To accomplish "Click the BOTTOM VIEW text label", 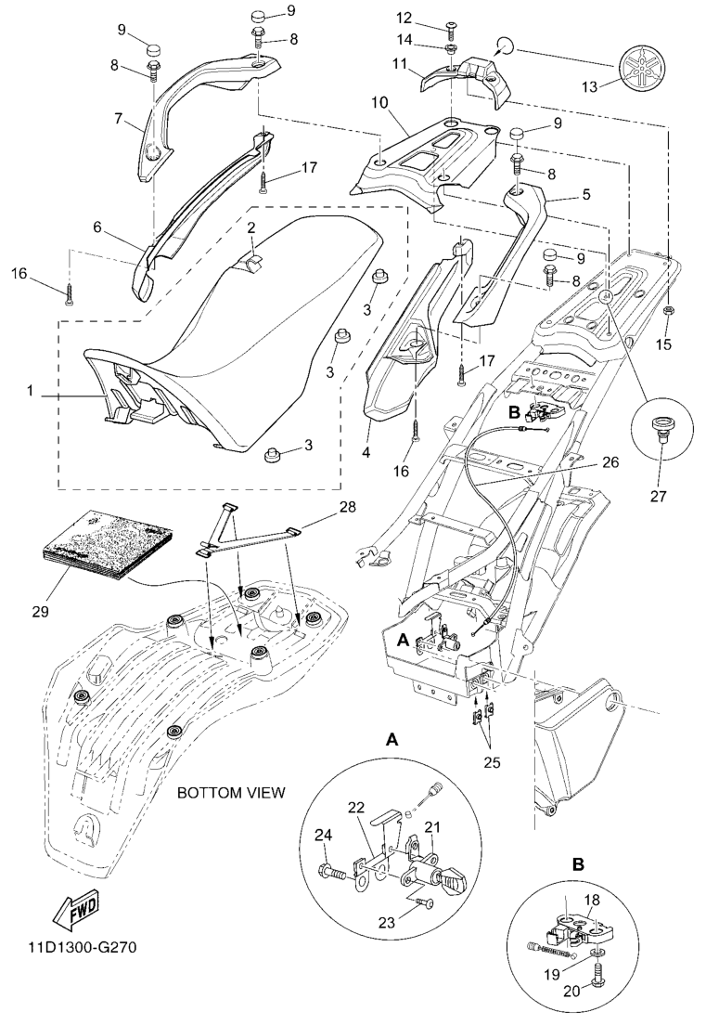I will click(231, 793).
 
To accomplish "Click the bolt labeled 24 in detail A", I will click(332, 871).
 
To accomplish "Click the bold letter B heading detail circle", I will click(578, 863).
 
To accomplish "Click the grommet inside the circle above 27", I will click(661, 428).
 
